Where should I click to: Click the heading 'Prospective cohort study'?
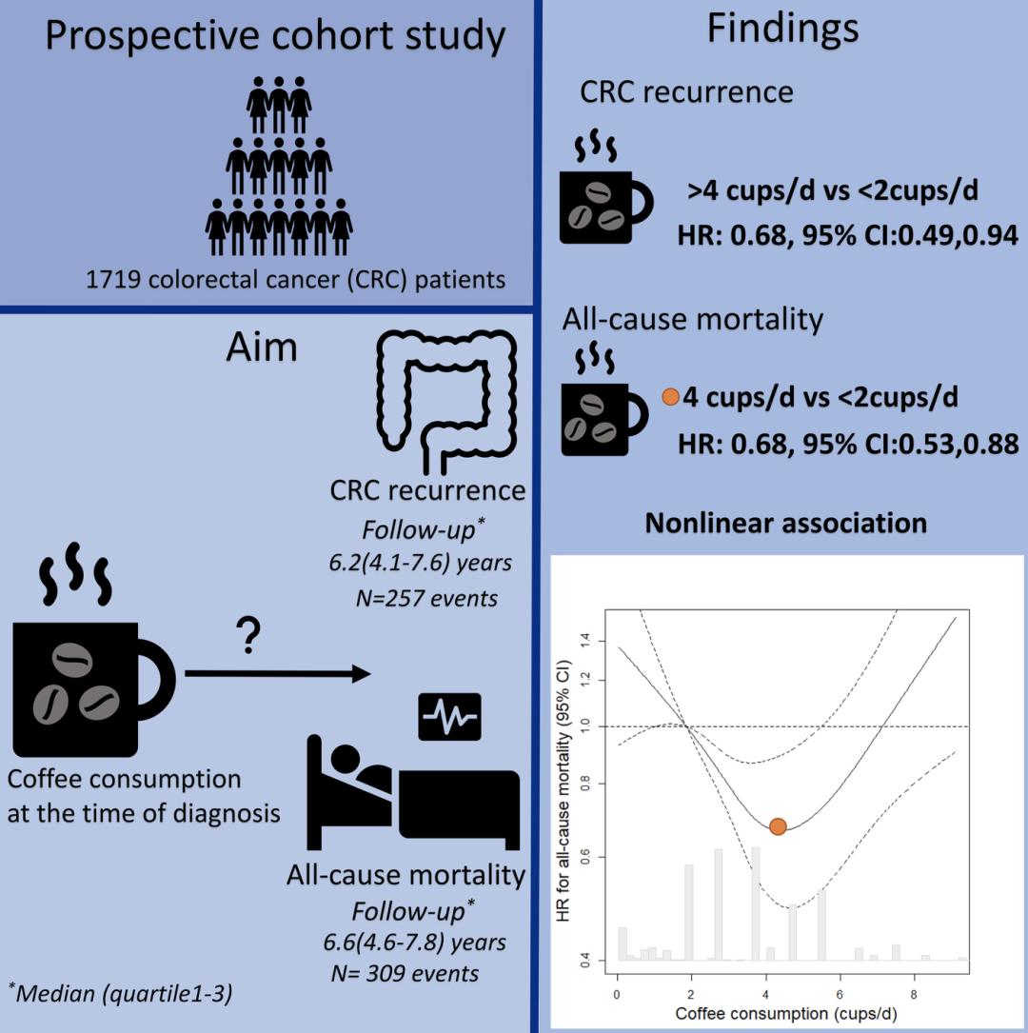click(275, 37)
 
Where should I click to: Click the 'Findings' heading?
click(782, 30)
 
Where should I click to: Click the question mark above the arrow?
click(249, 639)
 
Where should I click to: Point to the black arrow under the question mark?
click(277, 674)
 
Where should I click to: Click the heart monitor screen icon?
click(450, 715)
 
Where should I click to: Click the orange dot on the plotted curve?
click(778, 826)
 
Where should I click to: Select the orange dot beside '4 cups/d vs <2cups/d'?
click(670, 396)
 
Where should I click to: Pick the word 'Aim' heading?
click(262, 348)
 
